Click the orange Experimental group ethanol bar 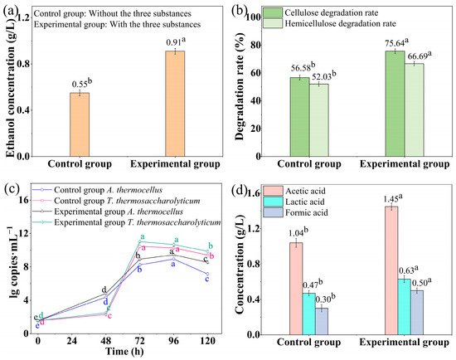pos(175,104)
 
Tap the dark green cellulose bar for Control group pos(300,117)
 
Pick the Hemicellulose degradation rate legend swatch pos(273,23)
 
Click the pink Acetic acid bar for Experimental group pos(391,270)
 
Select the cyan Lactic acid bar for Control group pos(309,314)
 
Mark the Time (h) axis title pos(124,352)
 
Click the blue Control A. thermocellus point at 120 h pos(207,274)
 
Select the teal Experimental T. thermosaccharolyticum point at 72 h pos(140,241)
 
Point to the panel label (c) pos(11,189)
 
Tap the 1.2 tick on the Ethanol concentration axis pos(23,17)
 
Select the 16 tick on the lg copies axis pos(24,200)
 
